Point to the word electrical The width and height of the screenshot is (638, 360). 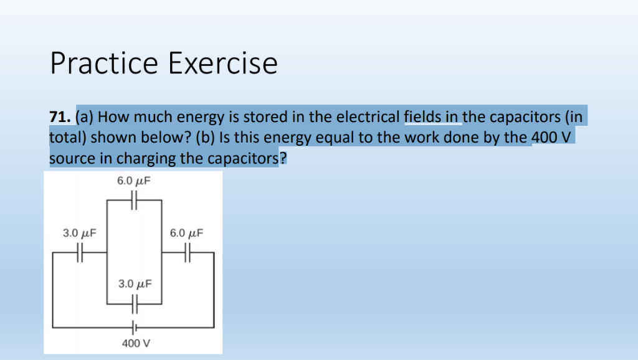coord(368,116)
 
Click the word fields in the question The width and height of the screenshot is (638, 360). coord(423,116)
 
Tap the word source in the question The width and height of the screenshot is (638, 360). coord(72,158)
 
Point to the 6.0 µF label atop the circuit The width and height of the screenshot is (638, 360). coord(134,182)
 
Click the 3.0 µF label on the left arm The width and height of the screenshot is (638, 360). coord(80,234)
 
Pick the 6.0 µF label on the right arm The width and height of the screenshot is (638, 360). coord(187,234)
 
